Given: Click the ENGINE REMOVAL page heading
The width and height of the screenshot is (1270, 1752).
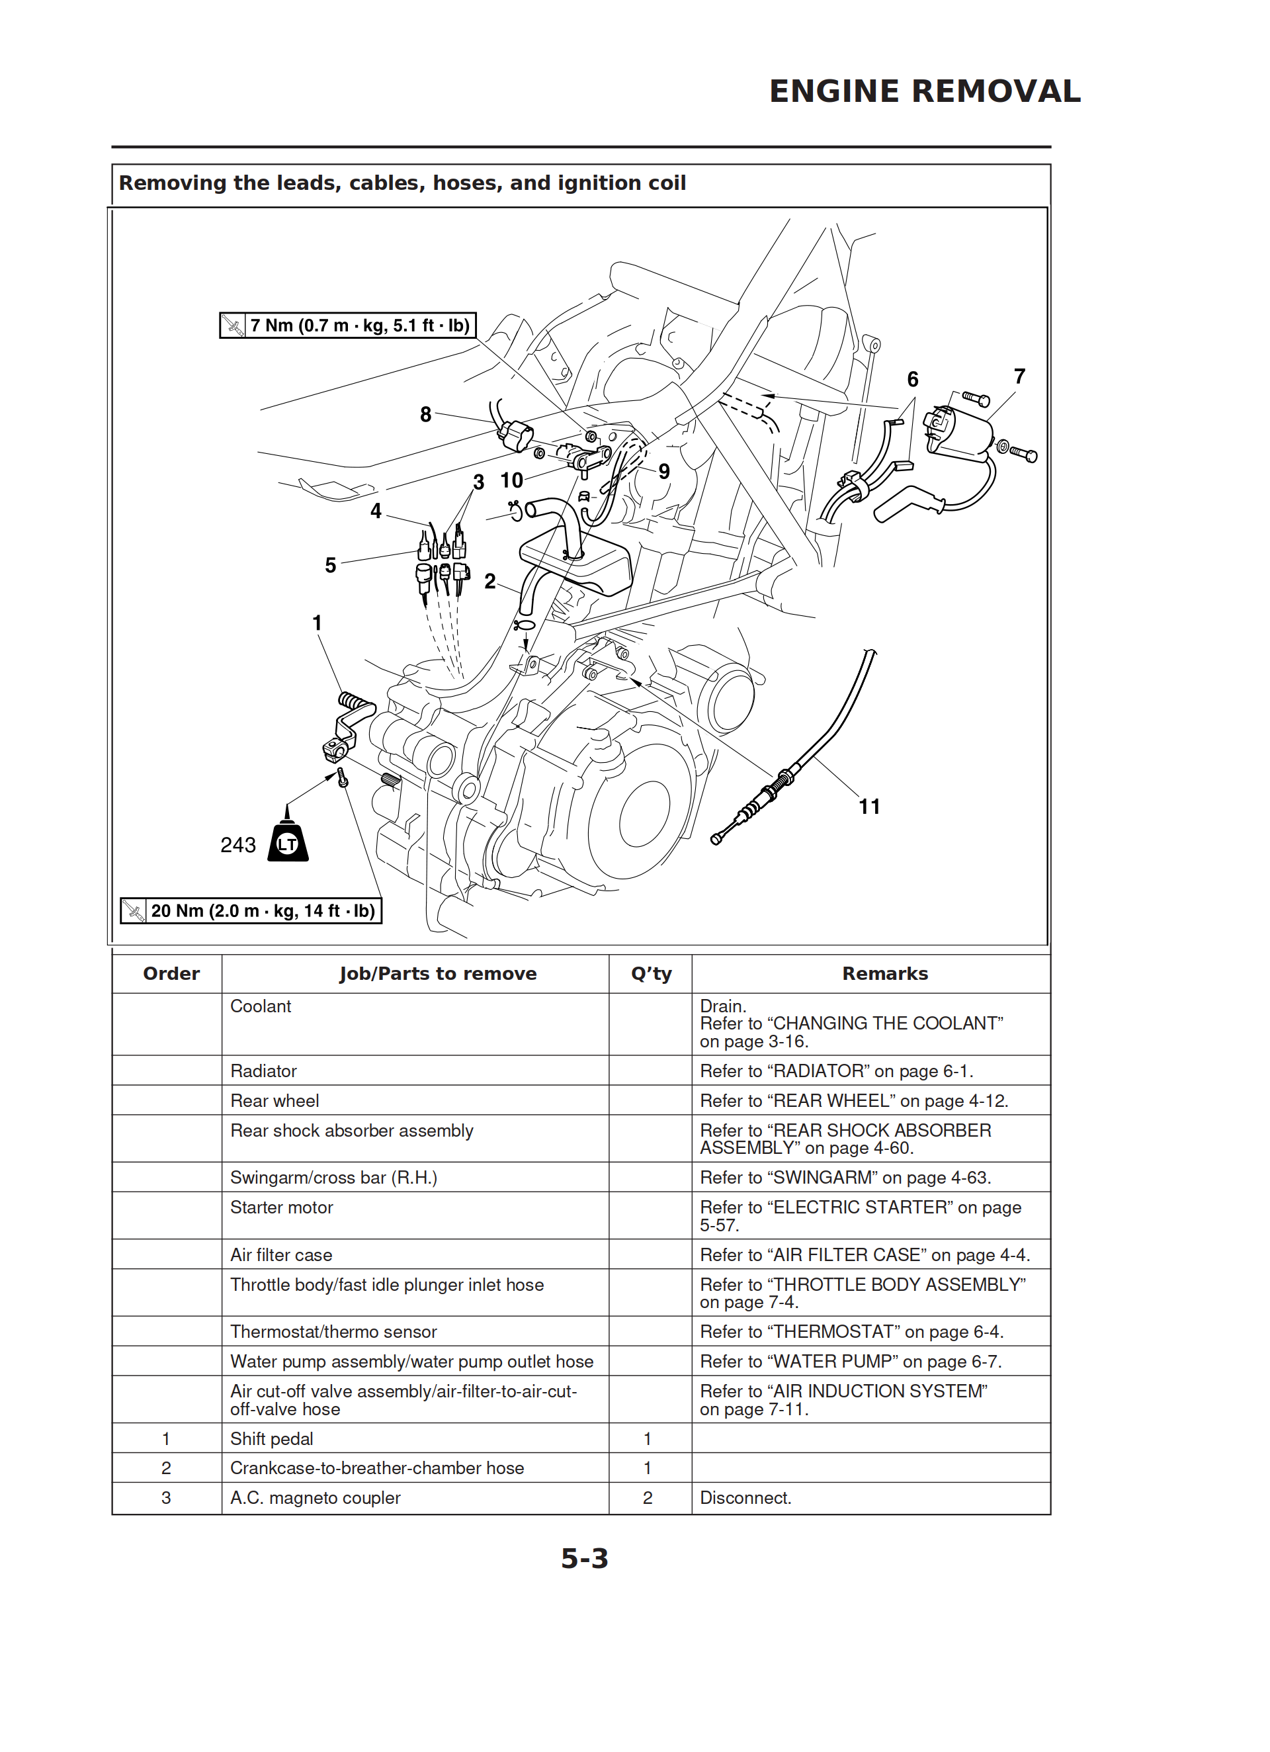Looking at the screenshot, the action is click(x=924, y=91).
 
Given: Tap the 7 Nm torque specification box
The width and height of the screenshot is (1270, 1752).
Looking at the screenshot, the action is click(x=348, y=326).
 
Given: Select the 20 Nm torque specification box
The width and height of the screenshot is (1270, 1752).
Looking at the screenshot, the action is click(x=251, y=911).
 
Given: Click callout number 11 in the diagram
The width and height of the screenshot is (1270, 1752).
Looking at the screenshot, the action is click(x=869, y=807).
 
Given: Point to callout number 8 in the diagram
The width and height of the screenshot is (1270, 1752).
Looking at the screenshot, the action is click(x=426, y=414).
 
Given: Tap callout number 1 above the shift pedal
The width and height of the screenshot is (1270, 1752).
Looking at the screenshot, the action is click(x=317, y=623).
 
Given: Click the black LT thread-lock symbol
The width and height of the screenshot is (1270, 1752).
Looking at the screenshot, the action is click(x=288, y=836).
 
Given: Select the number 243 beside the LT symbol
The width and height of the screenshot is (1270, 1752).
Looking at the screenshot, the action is click(x=238, y=845).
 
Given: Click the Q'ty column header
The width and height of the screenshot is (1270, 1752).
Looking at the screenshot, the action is click(x=652, y=973).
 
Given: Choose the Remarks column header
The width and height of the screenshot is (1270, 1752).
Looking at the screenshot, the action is click(x=884, y=973).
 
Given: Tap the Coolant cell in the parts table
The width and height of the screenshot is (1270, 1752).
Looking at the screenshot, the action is click(x=261, y=1006).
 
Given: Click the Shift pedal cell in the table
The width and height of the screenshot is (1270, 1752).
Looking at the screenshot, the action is click(x=272, y=1438).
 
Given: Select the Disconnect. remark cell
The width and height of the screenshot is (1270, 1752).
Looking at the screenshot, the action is click(x=745, y=1498).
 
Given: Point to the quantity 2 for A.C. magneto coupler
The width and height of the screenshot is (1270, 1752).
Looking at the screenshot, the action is click(x=648, y=1498).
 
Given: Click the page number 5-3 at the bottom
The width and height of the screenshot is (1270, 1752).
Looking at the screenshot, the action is click(x=585, y=1558).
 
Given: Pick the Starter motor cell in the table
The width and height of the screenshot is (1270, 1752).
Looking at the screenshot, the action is click(x=282, y=1207).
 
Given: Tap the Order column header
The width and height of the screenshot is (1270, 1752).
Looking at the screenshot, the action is click(x=171, y=973).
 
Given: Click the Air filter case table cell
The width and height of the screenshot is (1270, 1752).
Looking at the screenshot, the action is click(x=281, y=1255).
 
